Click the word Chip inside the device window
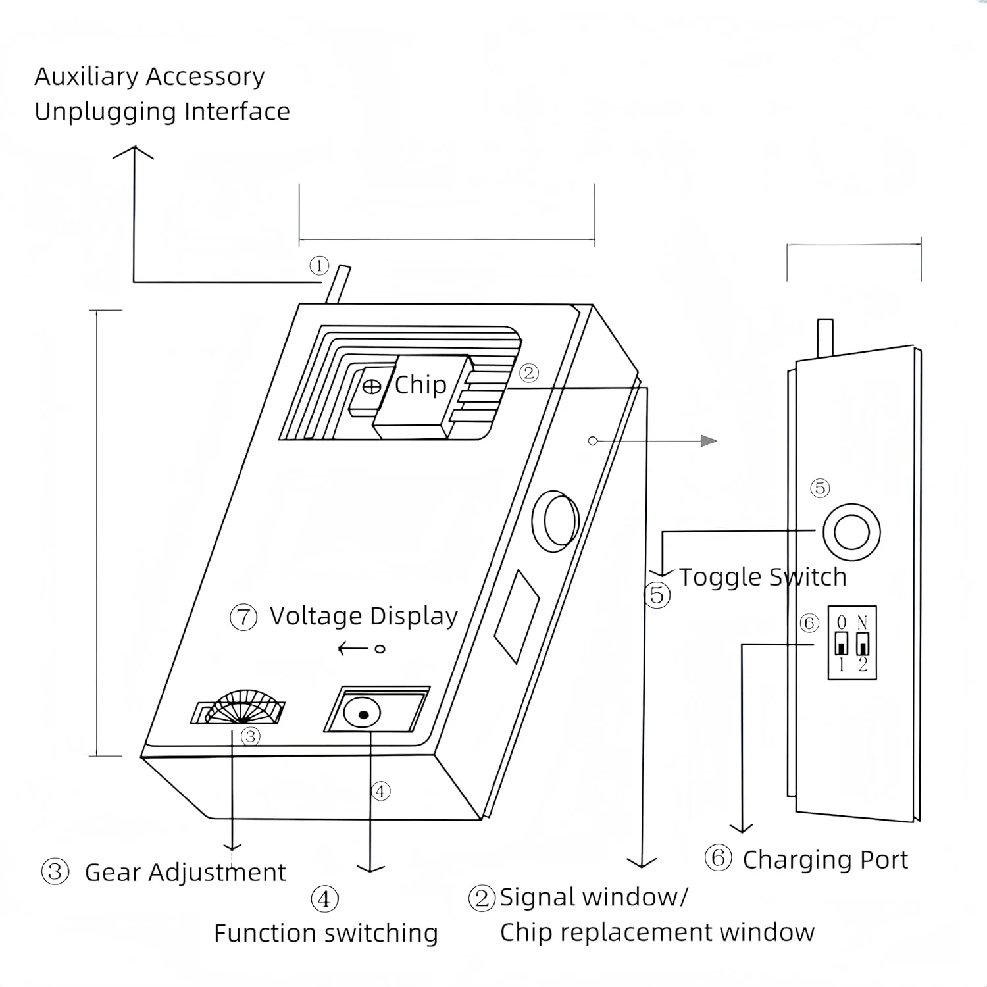tap(420, 385)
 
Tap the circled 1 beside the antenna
tap(319, 266)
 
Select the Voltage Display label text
tap(364, 616)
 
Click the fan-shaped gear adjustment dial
tap(243, 708)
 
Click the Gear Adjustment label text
tap(185, 873)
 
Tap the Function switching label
tap(326, 933)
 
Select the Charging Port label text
tap(825, 860)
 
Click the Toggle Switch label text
tap(763, 577)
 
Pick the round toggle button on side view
tap(851, 532)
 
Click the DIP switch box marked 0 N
tap(852, 643)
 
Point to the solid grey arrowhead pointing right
tap(709, 440)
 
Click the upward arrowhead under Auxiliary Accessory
tap(134, 152)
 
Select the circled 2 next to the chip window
tap(528, 373)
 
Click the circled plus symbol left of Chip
tap(372, 387)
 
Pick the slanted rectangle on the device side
tap(517, 616)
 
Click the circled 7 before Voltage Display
tap(243, 618)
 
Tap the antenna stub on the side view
tap(824, 338)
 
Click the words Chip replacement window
tap(657, 932)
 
